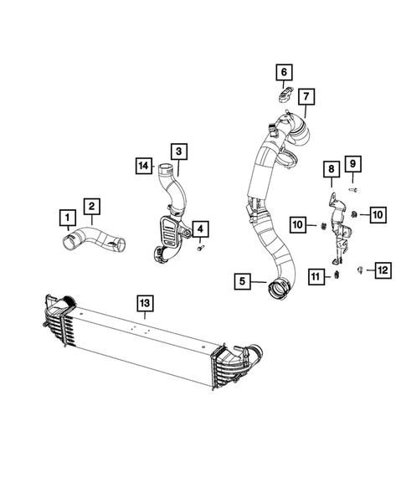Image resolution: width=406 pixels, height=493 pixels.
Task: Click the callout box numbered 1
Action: (x=64, y=220)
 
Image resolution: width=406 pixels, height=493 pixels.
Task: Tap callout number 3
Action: (x=178, y=151)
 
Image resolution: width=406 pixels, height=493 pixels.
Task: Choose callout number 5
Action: (x=243, y=282)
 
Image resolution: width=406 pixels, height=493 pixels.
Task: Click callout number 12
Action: (x=382, y=269)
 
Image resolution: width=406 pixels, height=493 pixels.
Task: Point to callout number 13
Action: (x=146, y=301)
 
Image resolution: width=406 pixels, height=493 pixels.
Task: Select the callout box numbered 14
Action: (x=144, y=167)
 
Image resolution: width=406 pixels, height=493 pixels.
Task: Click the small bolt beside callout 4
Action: (x=201, y=249)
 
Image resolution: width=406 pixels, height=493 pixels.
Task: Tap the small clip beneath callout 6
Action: (x=283, y=94)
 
